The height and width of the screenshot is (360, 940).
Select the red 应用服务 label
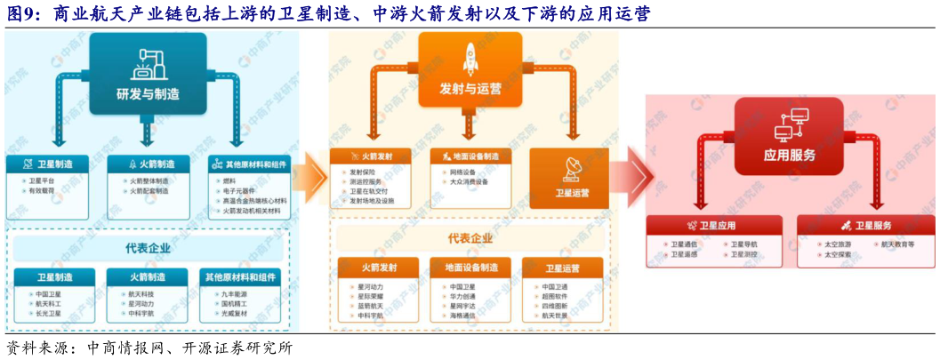tap(789, 154)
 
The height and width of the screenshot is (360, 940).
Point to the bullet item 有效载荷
tap(42, 190)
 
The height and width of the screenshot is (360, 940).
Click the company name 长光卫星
tap(48, 313)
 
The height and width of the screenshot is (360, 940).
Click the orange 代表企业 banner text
tap(470, 238)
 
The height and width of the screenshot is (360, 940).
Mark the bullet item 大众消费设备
tap(469, 181)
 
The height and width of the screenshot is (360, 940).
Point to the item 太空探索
tap(837, 254)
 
